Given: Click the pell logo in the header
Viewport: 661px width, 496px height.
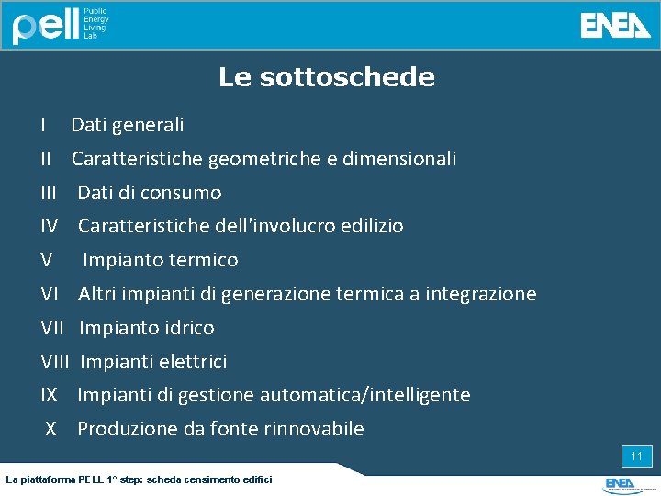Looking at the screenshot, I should [46, 26].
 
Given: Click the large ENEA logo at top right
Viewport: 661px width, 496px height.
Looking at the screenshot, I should [615, 26].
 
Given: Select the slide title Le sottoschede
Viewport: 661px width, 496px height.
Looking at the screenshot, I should [327, 77].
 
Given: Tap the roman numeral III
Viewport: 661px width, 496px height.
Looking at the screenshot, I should [50, 193].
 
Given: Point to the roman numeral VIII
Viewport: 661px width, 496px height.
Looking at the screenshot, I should [56, 362].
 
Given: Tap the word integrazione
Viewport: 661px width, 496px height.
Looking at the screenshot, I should [482, 294].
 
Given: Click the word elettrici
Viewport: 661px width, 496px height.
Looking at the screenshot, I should [193, 362].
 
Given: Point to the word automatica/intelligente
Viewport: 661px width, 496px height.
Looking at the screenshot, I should [364, 395].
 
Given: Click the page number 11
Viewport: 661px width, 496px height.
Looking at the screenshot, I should [636, 457].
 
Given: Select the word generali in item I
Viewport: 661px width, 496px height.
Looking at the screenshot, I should [151, 125].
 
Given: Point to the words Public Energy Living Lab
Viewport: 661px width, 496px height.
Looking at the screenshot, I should [96, 26].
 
